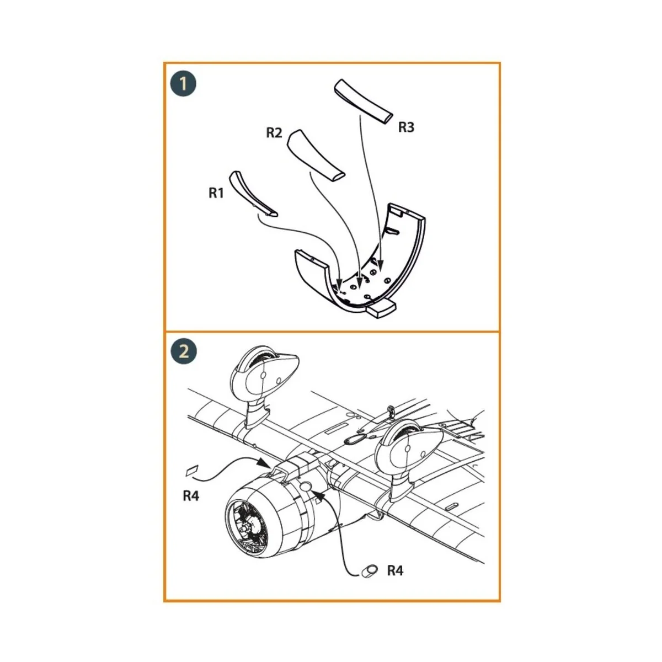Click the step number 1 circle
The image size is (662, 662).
(x=184, y=84)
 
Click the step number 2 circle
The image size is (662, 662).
(x=184, y=352)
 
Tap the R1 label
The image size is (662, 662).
(x=216, y=194)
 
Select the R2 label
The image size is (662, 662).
(x=274, y=132)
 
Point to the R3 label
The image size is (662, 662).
(x=407, y=127)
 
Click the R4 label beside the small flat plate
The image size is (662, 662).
(x=191, y=496)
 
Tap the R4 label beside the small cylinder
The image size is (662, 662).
(x=396, y=570)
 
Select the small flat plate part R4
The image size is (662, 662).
(x=191, y=471)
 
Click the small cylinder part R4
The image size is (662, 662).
(x=369, y=572)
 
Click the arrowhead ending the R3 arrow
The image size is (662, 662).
(x=380, y=265)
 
